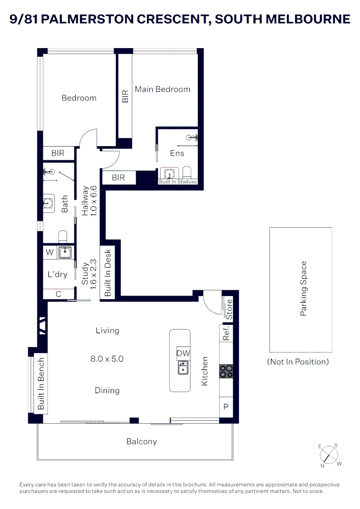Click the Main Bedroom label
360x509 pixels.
point(163,89)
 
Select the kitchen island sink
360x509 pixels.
point(182,367)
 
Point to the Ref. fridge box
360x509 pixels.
point(226,333)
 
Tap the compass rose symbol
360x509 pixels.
point(329,455)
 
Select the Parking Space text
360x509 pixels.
point(304,288)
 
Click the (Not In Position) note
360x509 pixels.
point(297,362)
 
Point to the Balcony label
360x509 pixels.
point(141,442)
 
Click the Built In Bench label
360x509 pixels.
point(41,384)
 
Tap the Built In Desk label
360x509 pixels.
point(107,273)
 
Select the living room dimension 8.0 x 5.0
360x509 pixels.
point(107,359)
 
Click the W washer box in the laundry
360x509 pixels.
point(49,253)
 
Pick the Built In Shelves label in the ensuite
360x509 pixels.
point(178,182)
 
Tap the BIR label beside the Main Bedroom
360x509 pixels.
point(125,97)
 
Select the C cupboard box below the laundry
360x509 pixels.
point(58,294)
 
